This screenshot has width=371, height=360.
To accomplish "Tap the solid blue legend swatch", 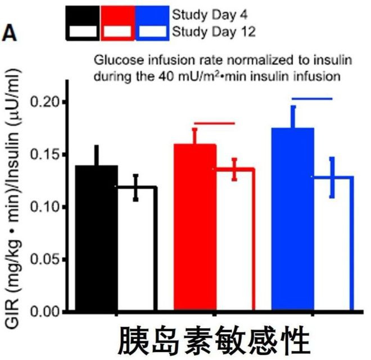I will pyautogui.click(x=152, y=13).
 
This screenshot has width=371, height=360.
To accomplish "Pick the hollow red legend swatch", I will pyautogui.click(x=118, y=32).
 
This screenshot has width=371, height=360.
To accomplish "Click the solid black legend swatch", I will pyautogui.click(x=83, y=13).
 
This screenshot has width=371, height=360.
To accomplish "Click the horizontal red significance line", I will pyautogui.click(x=214, y=123).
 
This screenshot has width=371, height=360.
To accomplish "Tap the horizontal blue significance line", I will pyautogui.click(x=313, y=99).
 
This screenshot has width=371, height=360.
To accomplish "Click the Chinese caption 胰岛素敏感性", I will pyautogui.click(x=214, y=340).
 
